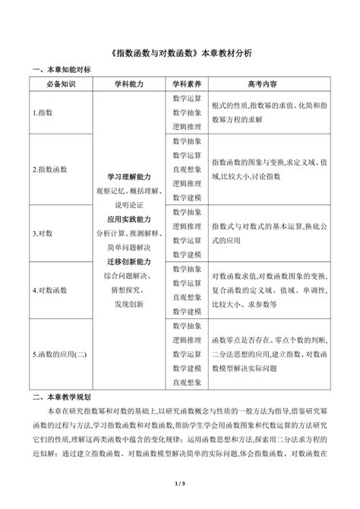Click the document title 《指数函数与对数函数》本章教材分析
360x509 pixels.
click(180, 54)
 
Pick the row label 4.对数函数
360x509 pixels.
click(49, 289)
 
